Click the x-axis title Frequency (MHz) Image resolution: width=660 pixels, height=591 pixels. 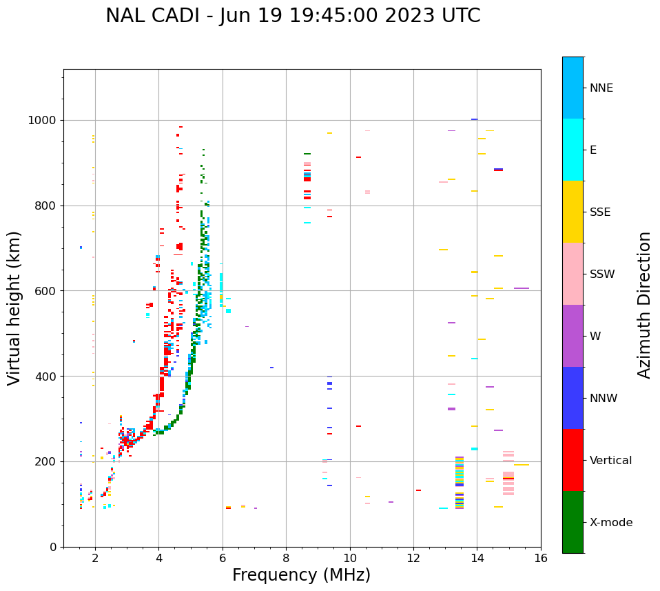click(x=301, y=575)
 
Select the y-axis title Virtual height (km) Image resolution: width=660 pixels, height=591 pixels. click(x=14, y=308)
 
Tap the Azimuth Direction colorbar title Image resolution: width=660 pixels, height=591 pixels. click(x=644, y=305)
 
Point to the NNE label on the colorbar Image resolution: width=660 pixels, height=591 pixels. click(x=601, y=88)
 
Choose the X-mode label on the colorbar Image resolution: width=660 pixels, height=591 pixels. click(x=610, y=523)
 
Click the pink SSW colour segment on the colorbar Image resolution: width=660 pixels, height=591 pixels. click(x=573, y=274)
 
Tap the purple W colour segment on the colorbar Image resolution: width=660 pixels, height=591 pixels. click(x=573, y=336)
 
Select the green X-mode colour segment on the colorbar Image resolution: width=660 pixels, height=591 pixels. click(x=573, y=522)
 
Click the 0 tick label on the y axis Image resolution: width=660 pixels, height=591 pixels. click(x=54, y=547)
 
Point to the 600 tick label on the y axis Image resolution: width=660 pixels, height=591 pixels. click(x=48, y=291)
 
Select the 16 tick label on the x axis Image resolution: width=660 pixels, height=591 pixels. click(x=540, y=558)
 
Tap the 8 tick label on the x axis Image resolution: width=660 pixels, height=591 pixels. click(x=286, y=558)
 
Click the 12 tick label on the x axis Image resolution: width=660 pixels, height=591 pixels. click(x=413, y=558)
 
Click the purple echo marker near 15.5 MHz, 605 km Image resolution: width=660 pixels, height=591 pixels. click(x=522, y=288)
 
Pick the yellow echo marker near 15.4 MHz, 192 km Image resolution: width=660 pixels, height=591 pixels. click(x=521, y=465)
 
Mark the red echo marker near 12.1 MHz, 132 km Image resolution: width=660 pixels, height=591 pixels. click(x=418, y=490)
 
